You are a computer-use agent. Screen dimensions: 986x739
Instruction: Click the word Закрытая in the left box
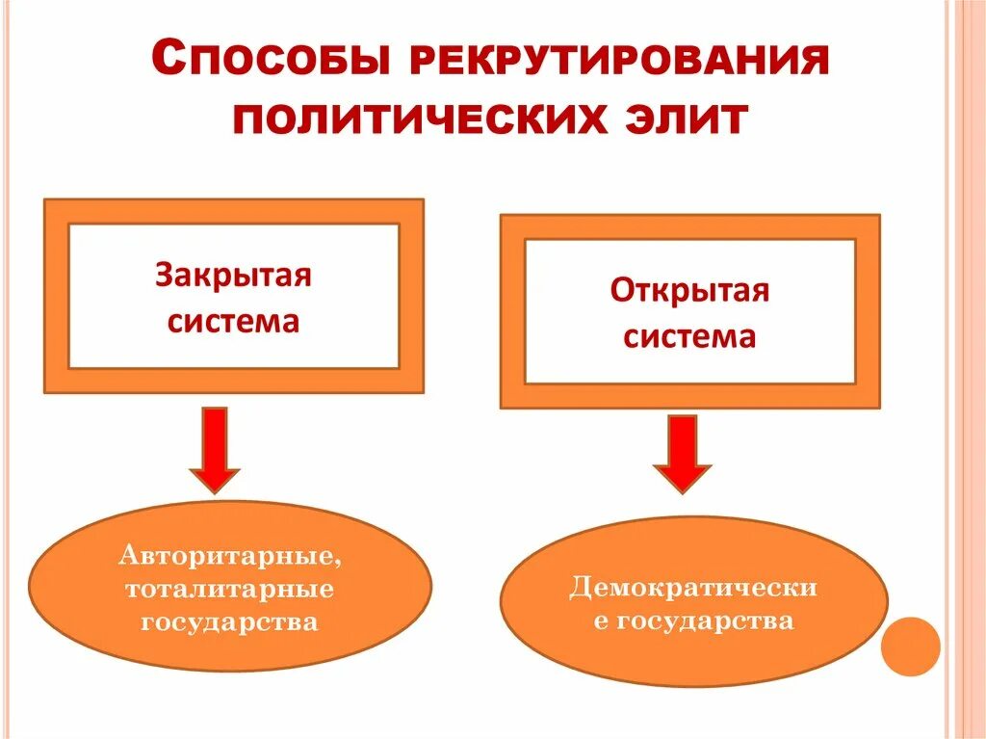233,277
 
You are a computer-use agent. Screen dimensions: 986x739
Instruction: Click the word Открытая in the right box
689,290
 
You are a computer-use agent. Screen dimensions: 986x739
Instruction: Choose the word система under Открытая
689,336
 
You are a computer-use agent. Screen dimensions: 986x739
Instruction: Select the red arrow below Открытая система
682,454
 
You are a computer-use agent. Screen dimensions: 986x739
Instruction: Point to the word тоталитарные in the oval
230,589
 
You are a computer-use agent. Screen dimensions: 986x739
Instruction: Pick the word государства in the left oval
230,621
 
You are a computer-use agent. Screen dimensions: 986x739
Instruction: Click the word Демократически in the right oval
693,587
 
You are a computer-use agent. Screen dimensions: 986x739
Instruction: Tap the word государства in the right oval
705,620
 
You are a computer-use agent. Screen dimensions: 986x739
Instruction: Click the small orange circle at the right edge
910,646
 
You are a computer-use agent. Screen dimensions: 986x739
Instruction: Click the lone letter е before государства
601,622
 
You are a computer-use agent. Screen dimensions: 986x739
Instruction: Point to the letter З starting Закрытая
164,277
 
